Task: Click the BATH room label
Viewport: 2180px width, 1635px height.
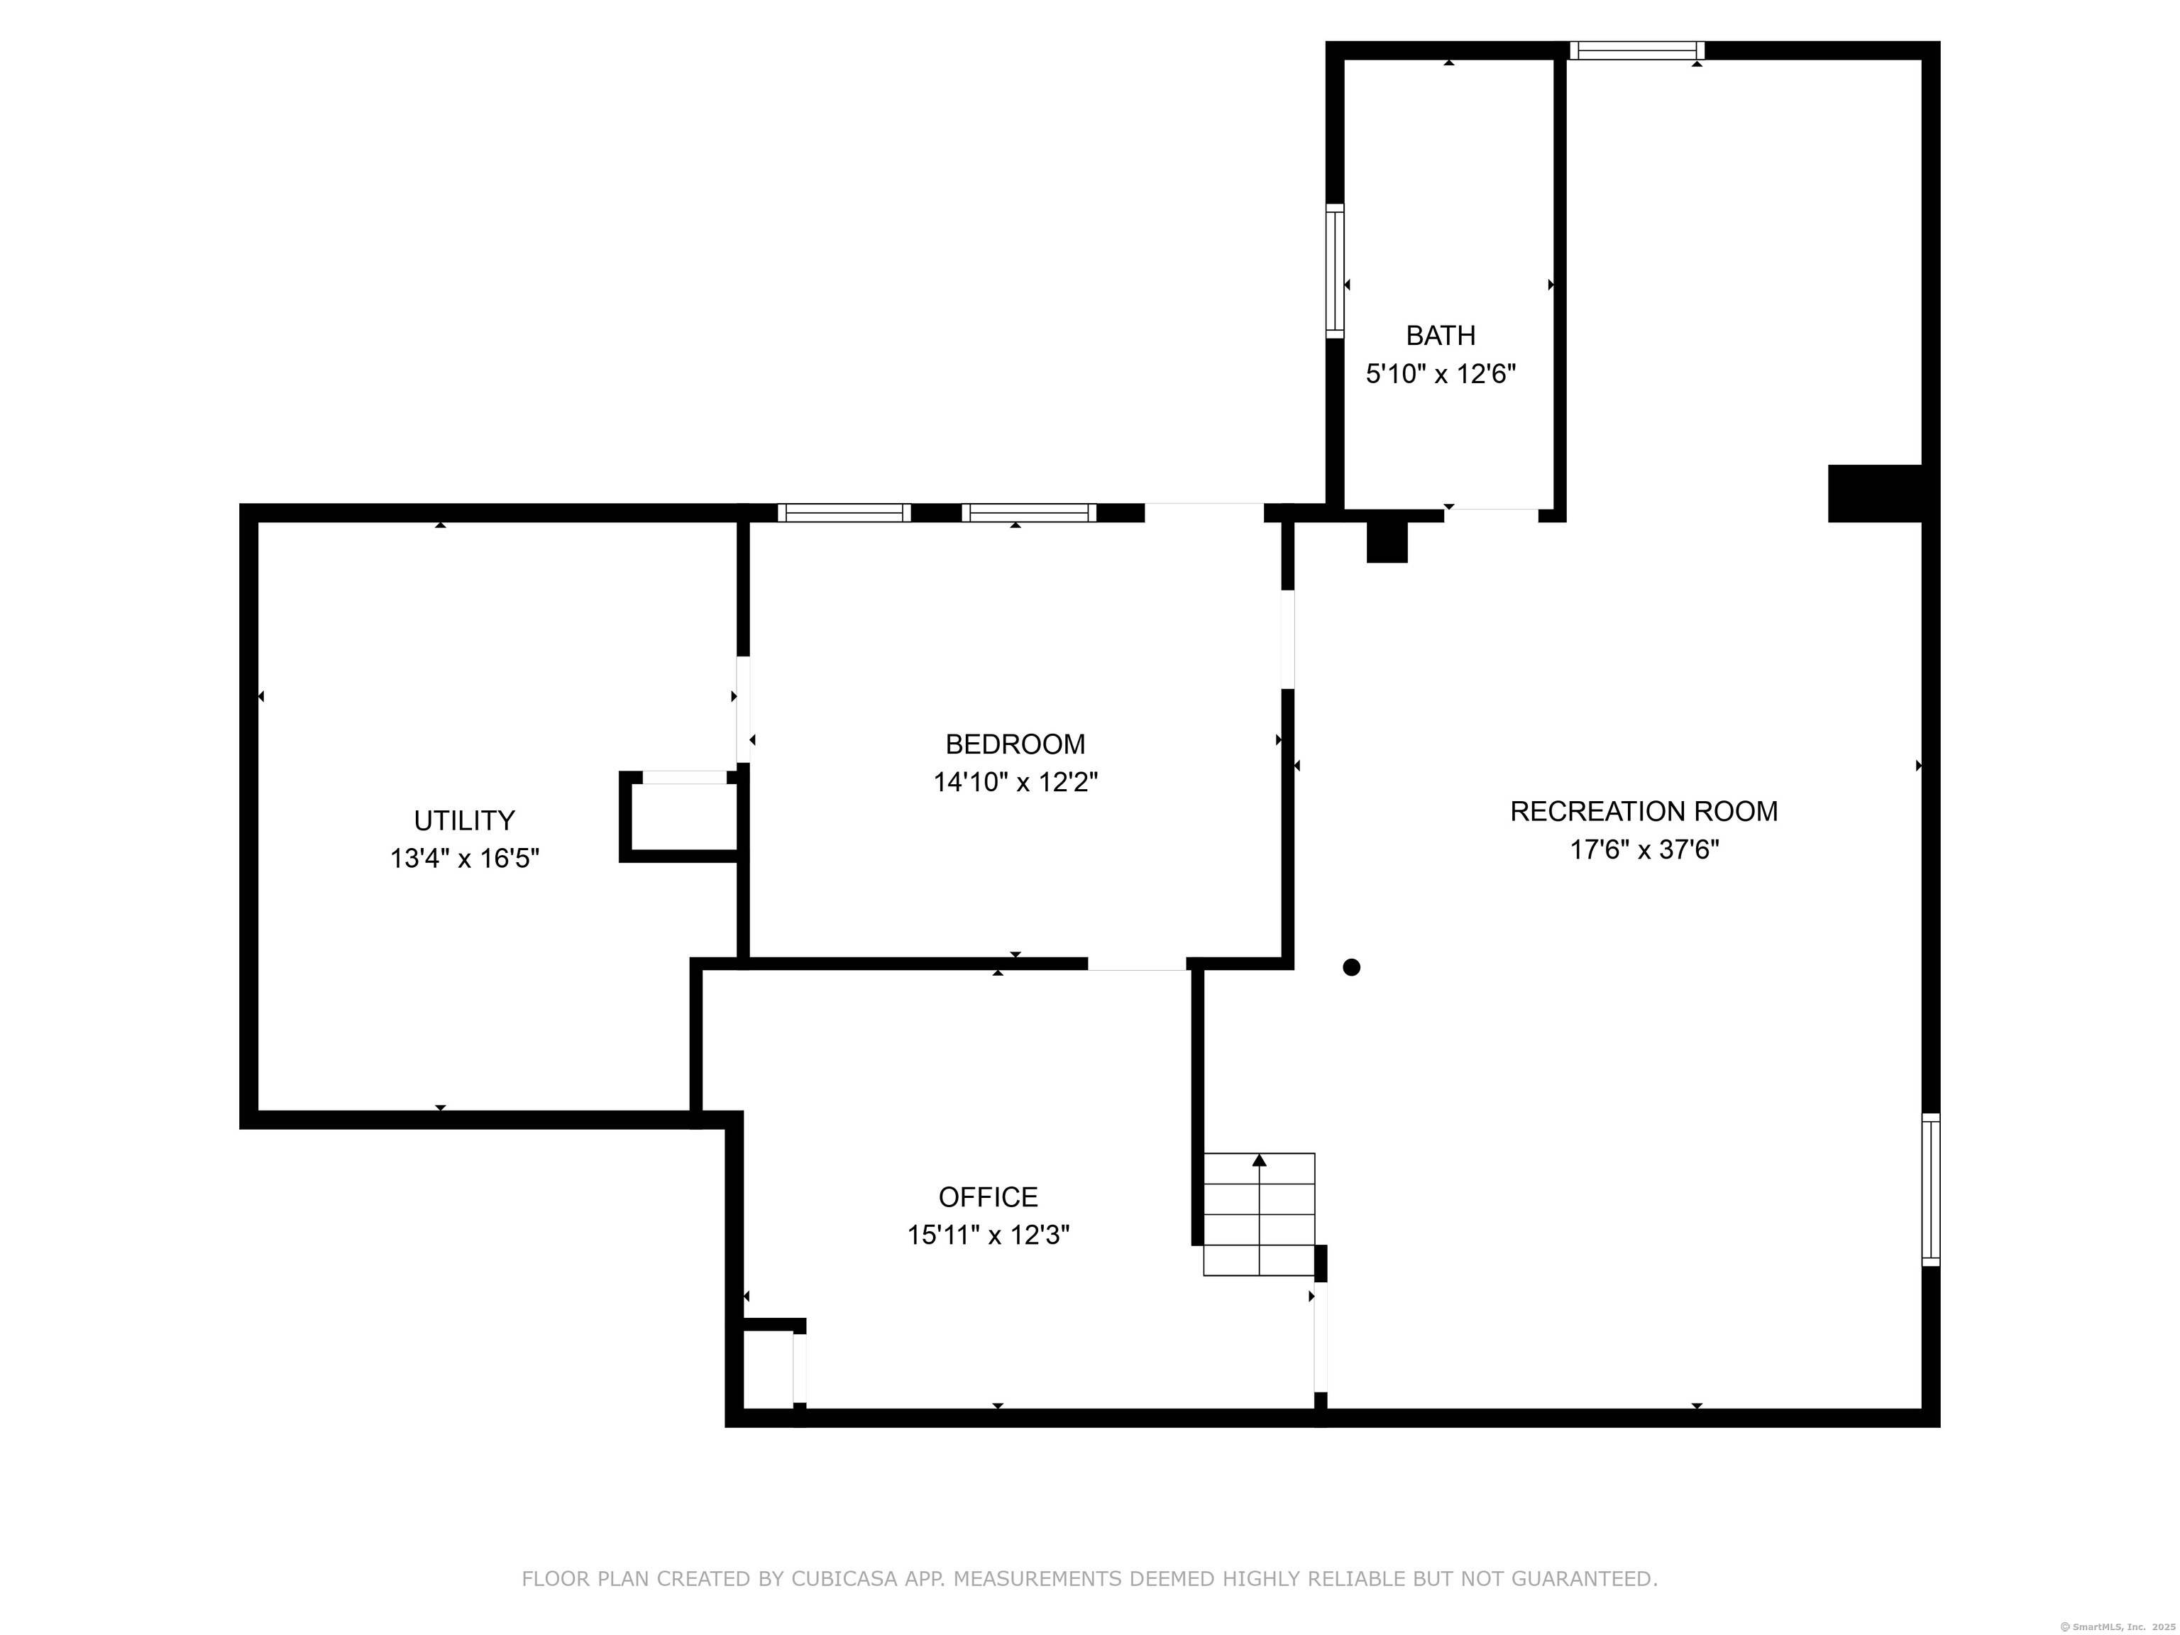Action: tap(1440, 336)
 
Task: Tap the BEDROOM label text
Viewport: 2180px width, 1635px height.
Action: tap(1015, 744)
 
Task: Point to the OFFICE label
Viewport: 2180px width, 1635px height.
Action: tap(988, 1197)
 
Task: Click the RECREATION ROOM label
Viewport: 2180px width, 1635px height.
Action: tap(1644, 812)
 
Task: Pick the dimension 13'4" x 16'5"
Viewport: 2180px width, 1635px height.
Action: tap(464, 859)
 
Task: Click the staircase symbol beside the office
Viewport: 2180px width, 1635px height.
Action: tap(1258, 1214)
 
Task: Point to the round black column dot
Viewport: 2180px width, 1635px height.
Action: tap(1351, 968)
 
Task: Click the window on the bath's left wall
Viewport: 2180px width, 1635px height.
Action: tap(1334, 271)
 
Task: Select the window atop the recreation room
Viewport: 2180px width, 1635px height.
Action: tap(1637, 50)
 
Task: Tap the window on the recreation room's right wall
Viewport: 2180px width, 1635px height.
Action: tap(1931, 1189)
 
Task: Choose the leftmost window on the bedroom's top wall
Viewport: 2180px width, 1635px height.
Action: tap(844, 512)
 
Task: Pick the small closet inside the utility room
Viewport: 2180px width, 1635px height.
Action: tap(680, 817)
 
